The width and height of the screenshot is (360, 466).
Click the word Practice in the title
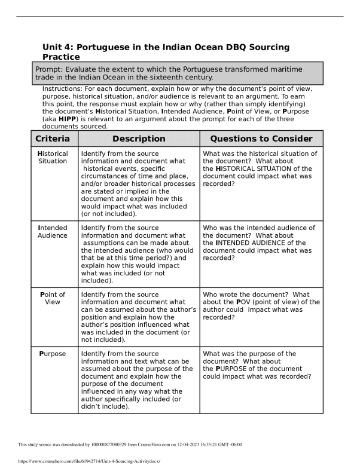(x=61, y=57)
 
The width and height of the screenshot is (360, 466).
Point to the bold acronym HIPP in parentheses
(x=68, y=119)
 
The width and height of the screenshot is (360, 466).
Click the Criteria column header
(x=54, y=139)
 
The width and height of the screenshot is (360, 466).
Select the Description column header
(x=139, y=139)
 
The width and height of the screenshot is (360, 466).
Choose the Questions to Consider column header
(x=261, y=139)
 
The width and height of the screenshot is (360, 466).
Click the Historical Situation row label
(x=53, y=157)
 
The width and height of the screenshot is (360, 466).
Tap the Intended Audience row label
(x=53, y=231)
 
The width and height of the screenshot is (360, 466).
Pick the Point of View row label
(x=53, y=298)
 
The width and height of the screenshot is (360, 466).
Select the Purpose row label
(x=53, y=354)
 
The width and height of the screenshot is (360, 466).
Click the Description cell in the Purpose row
(x=139, y=380)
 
